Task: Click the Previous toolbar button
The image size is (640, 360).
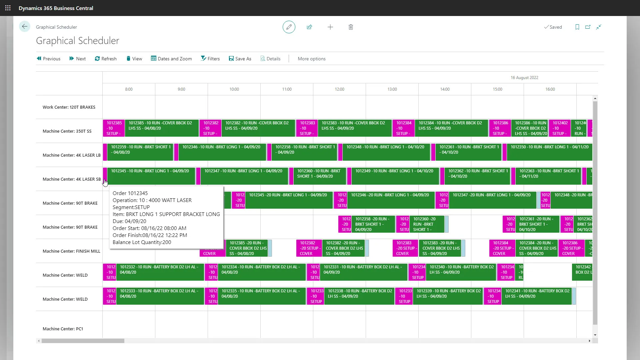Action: point(49,59)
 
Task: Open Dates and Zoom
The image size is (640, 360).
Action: point(171,59)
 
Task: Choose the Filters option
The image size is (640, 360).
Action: point(210,59)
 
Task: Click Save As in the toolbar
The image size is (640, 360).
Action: point(240,59)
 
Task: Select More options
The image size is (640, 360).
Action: point(312,59)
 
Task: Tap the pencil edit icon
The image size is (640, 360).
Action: point(289,27)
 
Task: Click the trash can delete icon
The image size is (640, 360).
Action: point(351,27)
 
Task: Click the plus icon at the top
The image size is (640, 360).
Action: point(330,27)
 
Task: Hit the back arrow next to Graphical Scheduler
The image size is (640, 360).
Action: point(25,27)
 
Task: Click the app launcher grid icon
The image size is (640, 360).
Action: point(8,8)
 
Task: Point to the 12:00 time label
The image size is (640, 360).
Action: point(339,89)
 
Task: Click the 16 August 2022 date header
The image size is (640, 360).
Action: point(524,78)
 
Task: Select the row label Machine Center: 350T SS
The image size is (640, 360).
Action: point(67,131)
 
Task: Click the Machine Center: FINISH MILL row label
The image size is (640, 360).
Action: point(71,251)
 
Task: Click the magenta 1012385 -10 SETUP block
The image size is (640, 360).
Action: point(114,128)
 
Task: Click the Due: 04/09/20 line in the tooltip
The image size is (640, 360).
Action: point(129,221)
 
